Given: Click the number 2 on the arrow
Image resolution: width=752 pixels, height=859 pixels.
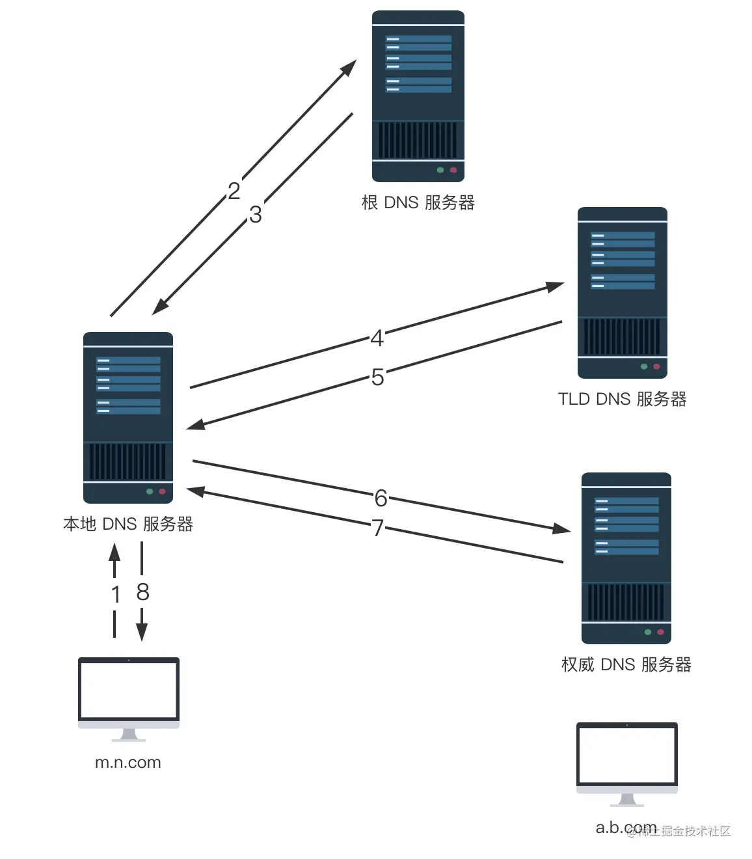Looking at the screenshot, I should pos(234,191).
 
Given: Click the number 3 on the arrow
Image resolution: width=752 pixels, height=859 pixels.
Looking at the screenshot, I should pos(255,214).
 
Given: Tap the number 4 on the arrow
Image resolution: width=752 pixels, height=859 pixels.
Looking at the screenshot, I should pos(377,338).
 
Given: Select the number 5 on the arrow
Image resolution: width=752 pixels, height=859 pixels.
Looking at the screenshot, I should pos(377,377).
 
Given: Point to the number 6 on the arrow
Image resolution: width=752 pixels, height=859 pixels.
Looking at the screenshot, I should pos(381,498).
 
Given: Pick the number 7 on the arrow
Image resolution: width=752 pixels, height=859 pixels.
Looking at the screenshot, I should pos(377,527).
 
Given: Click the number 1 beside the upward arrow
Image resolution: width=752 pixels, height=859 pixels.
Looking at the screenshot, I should pos(116,594).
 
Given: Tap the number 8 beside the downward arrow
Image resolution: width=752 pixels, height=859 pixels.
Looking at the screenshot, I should pos(143,592).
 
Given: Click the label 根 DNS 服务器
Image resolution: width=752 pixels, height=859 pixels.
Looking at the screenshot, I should pos(418,202).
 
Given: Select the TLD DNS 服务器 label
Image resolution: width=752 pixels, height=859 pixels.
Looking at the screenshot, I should pos(622,399).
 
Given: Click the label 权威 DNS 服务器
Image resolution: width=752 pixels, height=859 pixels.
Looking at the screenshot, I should pos(626,664).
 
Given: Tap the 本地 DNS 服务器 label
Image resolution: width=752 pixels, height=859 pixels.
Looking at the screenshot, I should pos(128,524).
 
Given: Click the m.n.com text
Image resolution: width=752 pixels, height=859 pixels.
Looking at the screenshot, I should pos(128,763).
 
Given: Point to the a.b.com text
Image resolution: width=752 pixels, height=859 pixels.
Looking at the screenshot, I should pos(626,828).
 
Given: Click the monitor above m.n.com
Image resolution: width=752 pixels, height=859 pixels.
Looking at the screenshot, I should pos(129,690).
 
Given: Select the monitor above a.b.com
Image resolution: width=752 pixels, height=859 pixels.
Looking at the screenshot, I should pos(627,756).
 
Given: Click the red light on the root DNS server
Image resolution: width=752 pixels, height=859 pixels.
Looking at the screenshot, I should pos(453,170).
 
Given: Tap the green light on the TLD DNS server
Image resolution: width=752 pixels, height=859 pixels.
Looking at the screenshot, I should pos(644,366).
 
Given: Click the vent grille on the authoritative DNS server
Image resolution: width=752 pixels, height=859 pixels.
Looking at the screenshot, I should pos(626,602).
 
